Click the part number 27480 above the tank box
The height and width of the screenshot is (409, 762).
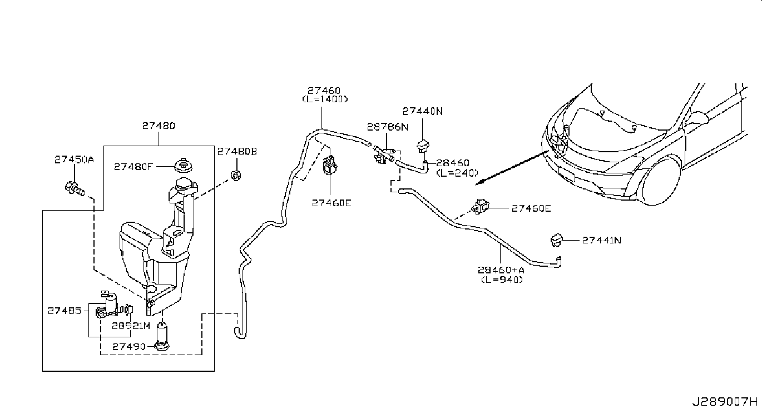click(x=159, y=126)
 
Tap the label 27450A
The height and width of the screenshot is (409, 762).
click(x=74, y=159)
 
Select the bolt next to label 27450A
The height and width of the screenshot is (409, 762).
click(x=73, y=189)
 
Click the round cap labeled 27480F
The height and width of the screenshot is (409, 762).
click(x=182, y=166)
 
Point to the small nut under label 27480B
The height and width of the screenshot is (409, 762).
click(x=236, y=176)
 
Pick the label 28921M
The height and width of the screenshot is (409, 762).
click(x=130, y=326)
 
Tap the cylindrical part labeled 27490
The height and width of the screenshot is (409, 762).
click(x=162, y=336)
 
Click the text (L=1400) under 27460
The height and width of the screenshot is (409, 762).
click(x=325, y=99)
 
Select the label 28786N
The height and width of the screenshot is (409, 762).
click(x=387, y=127)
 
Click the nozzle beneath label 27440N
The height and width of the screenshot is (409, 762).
click(x=424, y=147)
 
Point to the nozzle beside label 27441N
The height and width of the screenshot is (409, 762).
click(x=556, y=240)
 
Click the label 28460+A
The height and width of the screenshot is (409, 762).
click(x=501, y=271)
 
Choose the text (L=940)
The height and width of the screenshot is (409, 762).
click(x=502, y=280)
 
